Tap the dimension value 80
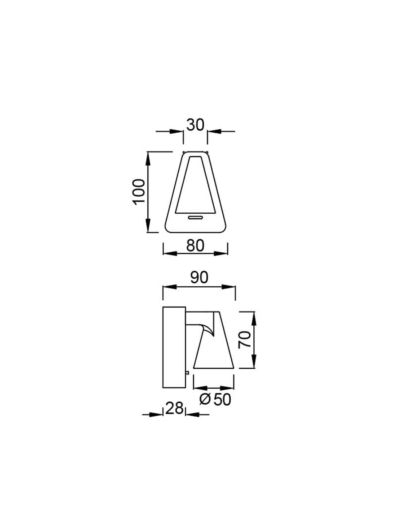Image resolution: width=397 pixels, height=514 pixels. (x=195, y=245)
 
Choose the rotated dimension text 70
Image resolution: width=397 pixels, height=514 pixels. (x=244, y=339)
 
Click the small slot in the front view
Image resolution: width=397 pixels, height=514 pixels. (x=196, y=217)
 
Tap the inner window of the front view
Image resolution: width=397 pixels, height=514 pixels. (x=195, y=184)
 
